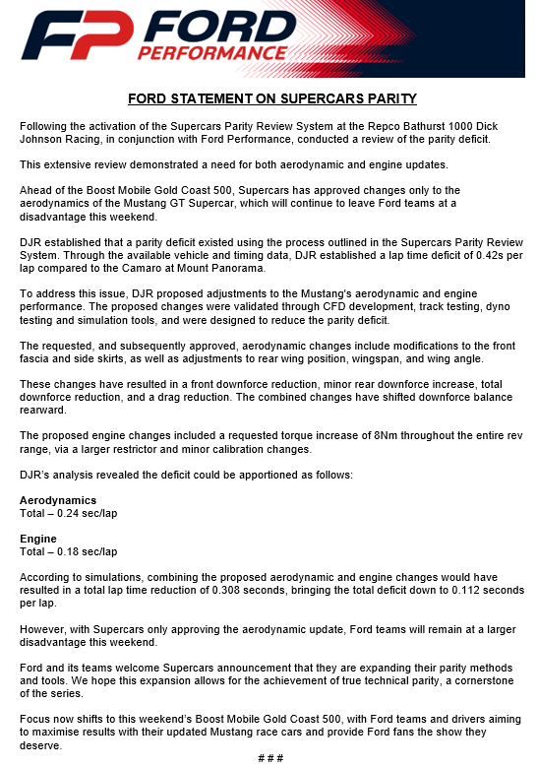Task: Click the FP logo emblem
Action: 76,37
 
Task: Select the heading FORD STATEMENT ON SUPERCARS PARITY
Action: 272,98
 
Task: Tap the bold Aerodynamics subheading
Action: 58,500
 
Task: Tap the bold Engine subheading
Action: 38,539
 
